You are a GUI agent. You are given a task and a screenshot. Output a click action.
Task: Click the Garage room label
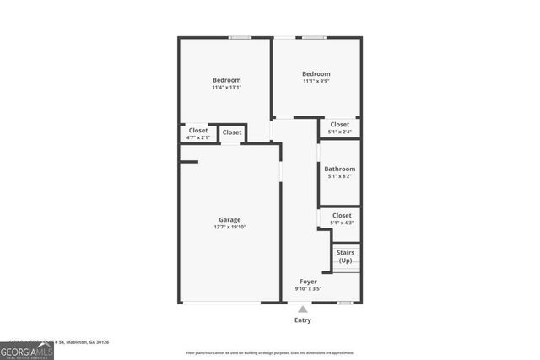230,219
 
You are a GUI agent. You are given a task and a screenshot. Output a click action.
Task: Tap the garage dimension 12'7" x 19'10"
230,227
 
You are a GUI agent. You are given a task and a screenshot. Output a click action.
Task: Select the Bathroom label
340,169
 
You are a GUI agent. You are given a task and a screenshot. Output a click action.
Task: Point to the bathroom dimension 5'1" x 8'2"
340,176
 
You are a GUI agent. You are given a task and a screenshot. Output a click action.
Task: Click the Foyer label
309,282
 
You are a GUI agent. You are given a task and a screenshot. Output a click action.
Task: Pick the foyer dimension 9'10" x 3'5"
309,289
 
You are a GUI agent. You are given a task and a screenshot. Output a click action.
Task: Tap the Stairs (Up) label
345,256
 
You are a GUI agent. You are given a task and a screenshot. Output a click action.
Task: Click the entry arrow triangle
302,309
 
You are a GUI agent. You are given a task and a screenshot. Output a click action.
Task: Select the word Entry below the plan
302,320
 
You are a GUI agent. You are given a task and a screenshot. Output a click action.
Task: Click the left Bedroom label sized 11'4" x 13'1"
226,80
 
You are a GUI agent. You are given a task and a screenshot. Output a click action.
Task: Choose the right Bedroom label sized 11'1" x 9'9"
316,74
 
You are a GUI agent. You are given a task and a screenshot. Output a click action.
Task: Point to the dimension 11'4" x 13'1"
226,88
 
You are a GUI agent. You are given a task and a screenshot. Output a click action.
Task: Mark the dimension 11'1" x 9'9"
316,82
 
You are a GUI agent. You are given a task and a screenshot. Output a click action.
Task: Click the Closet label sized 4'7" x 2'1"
198,131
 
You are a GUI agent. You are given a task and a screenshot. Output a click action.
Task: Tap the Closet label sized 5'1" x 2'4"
340,124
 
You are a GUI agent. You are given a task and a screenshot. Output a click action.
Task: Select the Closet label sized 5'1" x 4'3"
342,215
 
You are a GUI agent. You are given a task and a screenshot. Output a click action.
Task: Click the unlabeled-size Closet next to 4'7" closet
232,132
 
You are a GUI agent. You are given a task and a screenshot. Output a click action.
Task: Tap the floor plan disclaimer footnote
270,353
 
